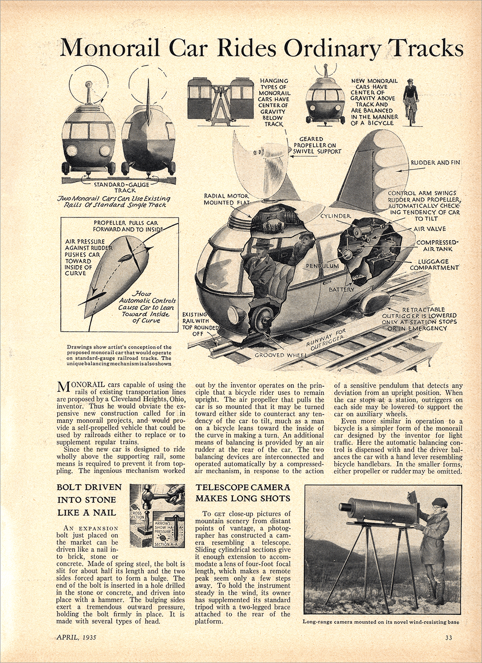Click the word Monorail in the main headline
[x=110, y=48]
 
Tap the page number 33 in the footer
[x=449, y=638]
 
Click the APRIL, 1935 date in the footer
[x=76, y=637]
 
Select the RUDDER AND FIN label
[x=435, y=163]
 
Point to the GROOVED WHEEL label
[x=275, y=355]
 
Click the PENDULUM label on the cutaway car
[x=322, y=266]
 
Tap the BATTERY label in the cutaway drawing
[x=341, y=289]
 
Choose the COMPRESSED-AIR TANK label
[x=437, y=246]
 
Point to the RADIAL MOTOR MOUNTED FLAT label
[x=226, y=199]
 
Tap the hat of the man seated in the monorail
[x=262, y=244]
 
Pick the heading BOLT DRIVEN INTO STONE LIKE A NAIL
[x=89, y=500]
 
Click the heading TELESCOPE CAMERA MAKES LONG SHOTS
[x=243, y=492]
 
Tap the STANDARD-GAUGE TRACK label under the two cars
[x=121, y=187]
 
